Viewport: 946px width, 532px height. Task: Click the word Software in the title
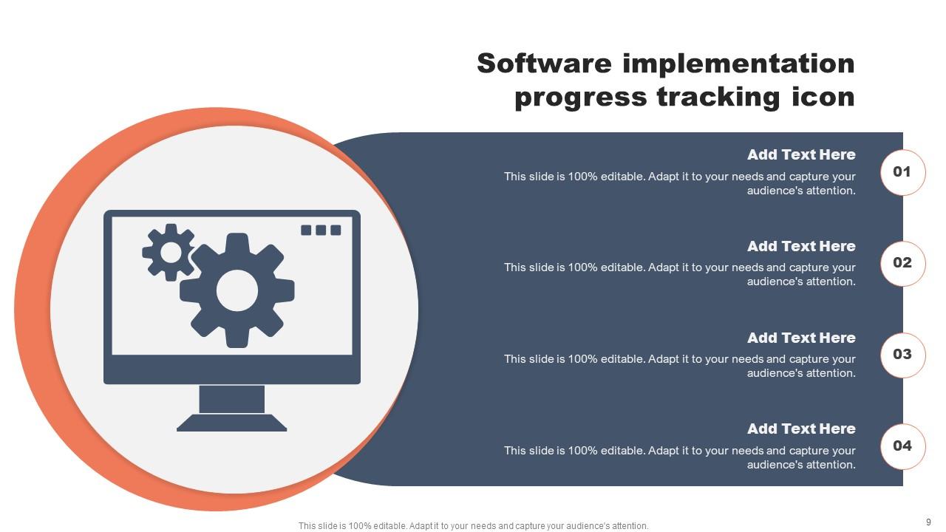[x=545, y=64]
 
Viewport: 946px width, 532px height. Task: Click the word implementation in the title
[x=739, y=64]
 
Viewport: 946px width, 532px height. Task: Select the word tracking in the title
[x=718, y=98]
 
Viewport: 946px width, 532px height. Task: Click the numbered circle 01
[x=902, y=172]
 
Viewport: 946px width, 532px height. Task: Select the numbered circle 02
[x=902, y=264]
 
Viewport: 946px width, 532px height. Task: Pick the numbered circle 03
[x=902, y=355]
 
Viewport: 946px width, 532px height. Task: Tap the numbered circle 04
[x=902, y=446]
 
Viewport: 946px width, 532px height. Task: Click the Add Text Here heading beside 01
[x=801, y=154]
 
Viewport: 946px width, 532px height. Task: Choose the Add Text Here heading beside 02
[x=801, y=246]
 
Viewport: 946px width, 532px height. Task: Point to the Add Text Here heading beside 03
[x=801, y=338]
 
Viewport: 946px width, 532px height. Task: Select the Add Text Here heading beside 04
[x=801, y=429]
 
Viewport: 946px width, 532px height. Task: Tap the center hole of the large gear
[x=237, y=290]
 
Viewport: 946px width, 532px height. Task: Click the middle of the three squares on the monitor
[x=321, y=230]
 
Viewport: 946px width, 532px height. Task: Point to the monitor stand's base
[x=231, y=423]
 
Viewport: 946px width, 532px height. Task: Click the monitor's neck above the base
[x=232, y=399]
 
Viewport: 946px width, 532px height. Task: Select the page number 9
[x=928, y=522]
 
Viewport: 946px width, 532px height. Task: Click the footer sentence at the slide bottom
[x=474, y=526]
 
